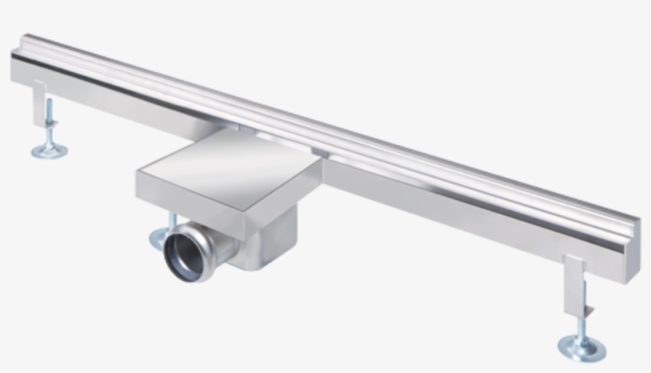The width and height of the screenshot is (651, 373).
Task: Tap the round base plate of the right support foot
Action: coord(581,347)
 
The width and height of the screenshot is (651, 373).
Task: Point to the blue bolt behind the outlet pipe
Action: coord(170,221)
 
